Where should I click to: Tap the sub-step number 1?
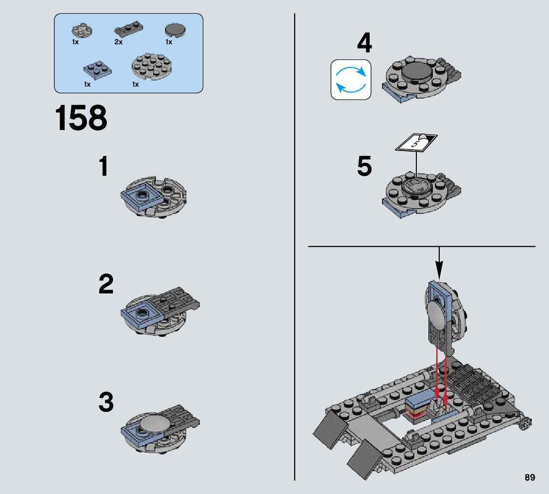(x=103, y=167)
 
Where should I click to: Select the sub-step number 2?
(x=106, y=284)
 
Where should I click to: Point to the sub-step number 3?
(x=106, y=403)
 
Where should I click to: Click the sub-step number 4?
(x=364, y=43)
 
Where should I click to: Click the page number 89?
(x=529, y=477)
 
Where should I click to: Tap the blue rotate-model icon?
(x=351, y=80)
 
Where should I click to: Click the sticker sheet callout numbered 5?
(x=417, y=141)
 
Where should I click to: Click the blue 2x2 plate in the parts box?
(x=97, y=69)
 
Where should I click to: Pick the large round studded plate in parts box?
(x=151, y=68)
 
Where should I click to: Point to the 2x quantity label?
(x=119, y=42)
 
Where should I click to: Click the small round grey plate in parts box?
(x=82, y=30)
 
